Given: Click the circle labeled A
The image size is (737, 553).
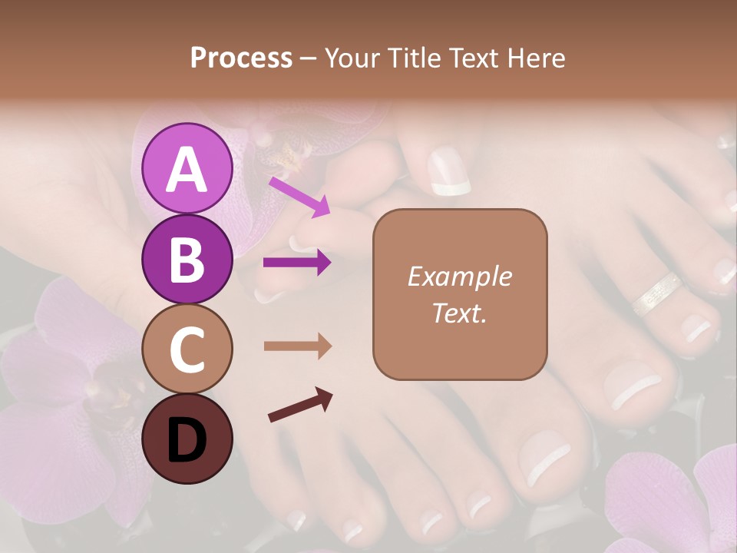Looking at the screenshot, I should click(187, 168).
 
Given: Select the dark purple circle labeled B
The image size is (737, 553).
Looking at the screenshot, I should click(187, 259).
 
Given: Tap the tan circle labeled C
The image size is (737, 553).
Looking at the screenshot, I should click(187, 349).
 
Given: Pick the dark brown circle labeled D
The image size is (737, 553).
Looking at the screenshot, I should click(187, 439).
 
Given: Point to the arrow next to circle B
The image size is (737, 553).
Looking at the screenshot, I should click(297, 263).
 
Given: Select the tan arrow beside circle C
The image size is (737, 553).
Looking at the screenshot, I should click(297, 346).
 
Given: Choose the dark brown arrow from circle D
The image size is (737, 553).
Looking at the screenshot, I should click(300, 405).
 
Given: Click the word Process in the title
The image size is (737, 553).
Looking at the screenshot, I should click(241, 58).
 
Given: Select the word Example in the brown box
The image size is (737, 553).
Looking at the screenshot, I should click(459, 276).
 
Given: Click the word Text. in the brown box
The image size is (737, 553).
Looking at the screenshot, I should click(459, 313).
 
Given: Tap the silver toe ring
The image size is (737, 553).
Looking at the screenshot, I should click(656, 293).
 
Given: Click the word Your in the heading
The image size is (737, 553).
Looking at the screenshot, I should click(352, 58).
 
